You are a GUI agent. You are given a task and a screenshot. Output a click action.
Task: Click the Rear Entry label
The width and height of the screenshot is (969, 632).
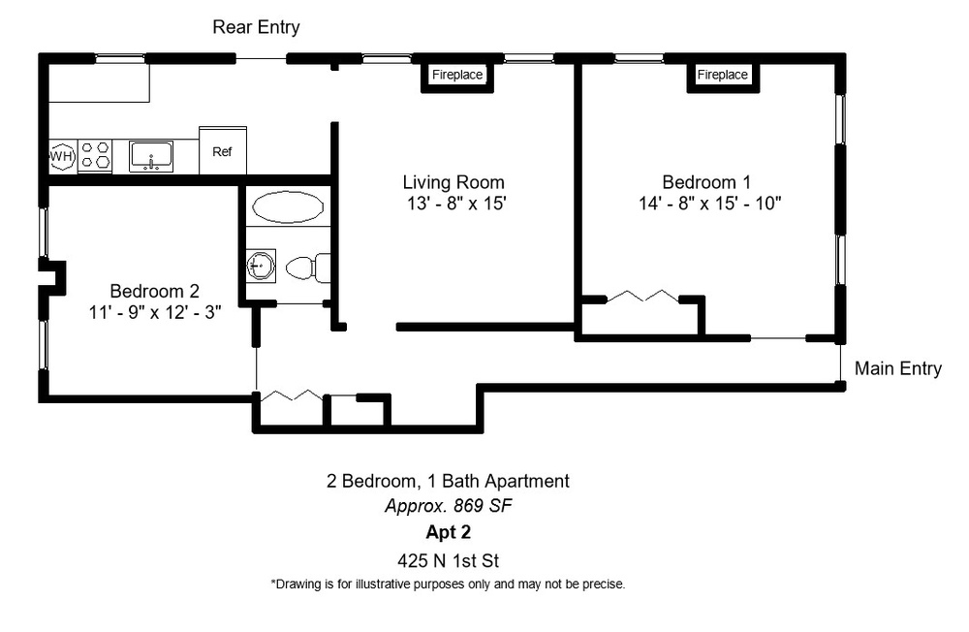coord(256,27)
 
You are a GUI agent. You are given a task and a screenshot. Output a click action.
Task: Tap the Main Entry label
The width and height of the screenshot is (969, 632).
coord(898,368)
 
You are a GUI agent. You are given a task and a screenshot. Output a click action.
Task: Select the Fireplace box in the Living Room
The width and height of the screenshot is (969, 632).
coord(456,75)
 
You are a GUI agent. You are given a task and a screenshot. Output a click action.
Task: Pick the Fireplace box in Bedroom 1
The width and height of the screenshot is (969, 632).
coord(723,75)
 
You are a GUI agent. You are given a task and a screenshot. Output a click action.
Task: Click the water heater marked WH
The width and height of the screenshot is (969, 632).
coord(61,156)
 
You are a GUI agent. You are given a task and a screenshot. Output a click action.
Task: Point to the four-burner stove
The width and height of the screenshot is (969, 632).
coord(95,155)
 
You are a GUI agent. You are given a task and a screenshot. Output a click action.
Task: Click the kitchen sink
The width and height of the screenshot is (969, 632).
coord(151,156)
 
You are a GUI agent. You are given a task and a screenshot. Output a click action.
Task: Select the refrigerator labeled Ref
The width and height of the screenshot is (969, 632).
coord(223,151)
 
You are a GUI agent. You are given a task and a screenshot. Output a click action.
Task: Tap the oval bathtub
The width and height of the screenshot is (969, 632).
coord(288,206)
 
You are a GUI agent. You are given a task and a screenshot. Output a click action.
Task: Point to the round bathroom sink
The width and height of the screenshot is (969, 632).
coord(260,266)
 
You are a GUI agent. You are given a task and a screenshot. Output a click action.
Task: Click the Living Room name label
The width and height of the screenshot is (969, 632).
coord(453,182)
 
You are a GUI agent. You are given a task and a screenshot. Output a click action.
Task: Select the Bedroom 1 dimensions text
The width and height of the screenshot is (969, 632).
coord(710,204)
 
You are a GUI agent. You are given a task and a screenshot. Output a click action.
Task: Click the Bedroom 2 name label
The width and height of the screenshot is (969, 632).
coord(154,291)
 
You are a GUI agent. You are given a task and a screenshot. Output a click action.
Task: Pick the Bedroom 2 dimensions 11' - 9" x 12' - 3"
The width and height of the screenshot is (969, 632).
coord(154,312)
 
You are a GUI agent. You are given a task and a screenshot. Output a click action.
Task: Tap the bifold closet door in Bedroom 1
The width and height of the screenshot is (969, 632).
coord(642,297)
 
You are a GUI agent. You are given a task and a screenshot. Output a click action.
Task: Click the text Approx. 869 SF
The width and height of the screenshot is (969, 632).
coord(449,506)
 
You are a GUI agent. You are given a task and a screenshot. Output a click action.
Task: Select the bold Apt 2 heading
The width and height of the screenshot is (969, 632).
coord(448,532)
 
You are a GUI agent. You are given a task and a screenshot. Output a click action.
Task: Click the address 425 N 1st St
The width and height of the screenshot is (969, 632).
coord(448,561)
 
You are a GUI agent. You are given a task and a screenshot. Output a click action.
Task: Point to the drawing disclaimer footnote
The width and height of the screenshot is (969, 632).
coord(448,584)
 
